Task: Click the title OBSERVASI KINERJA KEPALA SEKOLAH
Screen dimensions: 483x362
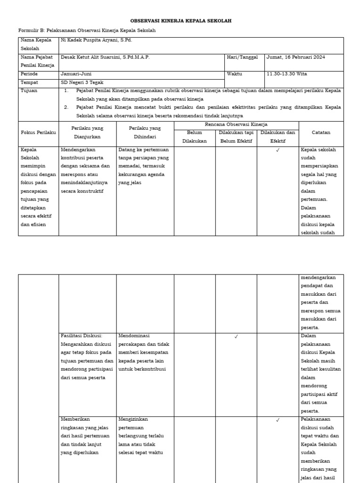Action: [181, 21]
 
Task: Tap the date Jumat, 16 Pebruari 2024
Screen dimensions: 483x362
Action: [296, 57]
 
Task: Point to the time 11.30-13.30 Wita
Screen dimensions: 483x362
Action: [288, 74]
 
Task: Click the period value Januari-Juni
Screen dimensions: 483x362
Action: [76, 74]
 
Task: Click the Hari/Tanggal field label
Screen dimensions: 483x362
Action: [242, 57]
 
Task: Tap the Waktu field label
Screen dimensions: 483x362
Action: [234, 74]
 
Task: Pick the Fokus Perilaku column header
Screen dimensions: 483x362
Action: [38, 133]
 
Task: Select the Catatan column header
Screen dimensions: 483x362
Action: [321, 133]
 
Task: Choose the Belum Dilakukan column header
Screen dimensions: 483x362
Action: [194, 137]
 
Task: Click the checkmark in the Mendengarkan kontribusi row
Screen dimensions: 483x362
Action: [278, 150]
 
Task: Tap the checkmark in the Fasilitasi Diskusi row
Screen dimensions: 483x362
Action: [236, 336]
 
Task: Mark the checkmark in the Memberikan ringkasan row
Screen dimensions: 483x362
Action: [278, 420]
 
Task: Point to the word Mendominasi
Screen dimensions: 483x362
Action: [134, 336]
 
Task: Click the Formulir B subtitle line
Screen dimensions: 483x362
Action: [87, 31]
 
